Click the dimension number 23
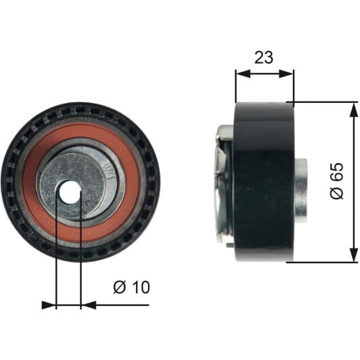264,58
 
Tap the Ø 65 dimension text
337,181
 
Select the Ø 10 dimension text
131,287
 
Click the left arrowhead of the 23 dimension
243,74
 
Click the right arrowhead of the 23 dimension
286,74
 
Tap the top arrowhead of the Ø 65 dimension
353,110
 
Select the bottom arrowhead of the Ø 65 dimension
353,254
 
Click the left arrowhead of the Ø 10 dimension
49,305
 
